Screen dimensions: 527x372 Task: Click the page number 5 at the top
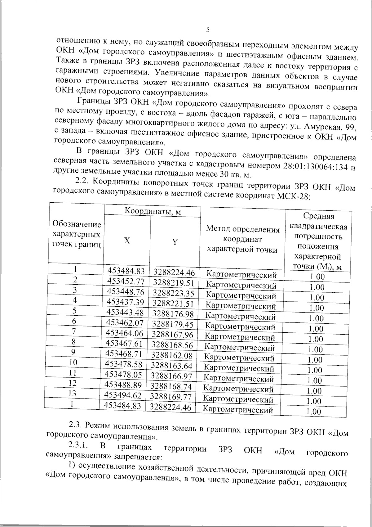point(208,30)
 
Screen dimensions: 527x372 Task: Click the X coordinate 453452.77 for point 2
point(126,282)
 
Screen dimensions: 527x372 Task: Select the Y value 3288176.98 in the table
point(173,314)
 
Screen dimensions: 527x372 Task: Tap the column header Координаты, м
point(153,211)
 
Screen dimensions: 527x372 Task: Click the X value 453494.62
point(123,395)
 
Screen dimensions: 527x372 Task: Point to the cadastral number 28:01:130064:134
point(316,166)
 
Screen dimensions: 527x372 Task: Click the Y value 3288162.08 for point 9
point(172,355)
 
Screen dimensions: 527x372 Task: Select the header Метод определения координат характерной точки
point(243,239)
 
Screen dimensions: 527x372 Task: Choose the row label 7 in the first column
point(74,331)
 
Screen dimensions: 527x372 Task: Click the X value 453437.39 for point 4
point(125,302)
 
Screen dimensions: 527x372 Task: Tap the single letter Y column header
point(175,242)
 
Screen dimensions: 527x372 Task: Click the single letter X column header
point(127,241)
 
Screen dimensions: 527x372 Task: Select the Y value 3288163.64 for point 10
point(172,366)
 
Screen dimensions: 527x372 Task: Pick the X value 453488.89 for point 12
point(123,385)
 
